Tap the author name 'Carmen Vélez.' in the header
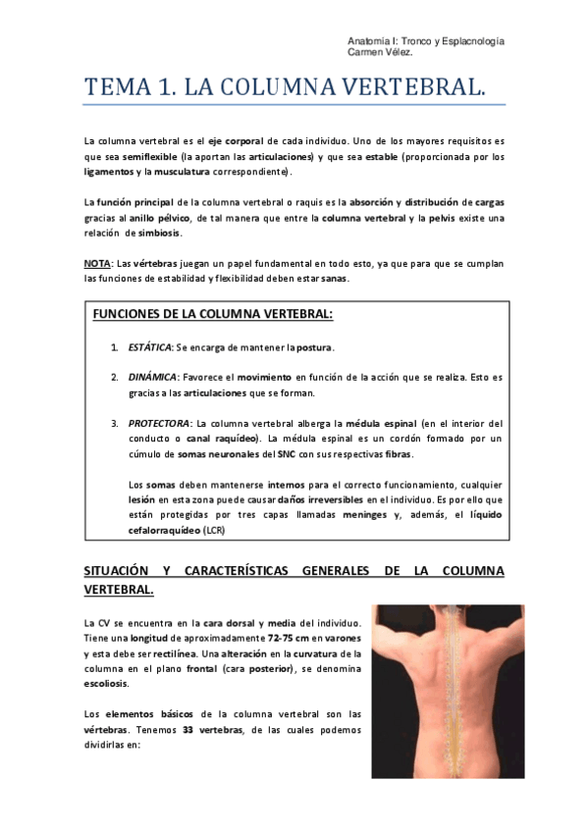click(378, 53)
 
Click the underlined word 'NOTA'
click(97, 264)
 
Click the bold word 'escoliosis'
click(106, 683)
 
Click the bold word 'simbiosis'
click(160, 234)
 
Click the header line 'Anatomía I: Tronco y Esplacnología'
click(426, 41)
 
